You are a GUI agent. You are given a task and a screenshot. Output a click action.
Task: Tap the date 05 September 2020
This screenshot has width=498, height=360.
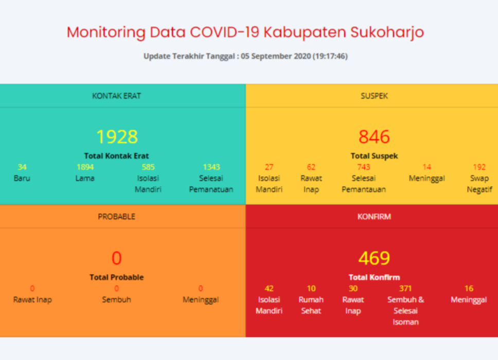click(x=276, y=56)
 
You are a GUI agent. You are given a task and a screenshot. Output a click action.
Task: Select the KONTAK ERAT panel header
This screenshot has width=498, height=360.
click(x=116, y=96)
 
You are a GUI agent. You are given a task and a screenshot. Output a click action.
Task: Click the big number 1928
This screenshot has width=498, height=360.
click(x=117, y=137)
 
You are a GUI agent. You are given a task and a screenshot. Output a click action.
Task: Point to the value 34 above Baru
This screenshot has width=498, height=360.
click(x=22, y=167)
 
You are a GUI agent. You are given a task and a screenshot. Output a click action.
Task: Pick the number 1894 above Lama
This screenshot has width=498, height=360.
click(x=85, y=167)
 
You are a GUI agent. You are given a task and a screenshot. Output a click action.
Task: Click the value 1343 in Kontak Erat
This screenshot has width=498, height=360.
click(x=211, y=167)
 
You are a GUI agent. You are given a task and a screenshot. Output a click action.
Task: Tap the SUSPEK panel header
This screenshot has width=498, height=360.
click(x=374, y=96)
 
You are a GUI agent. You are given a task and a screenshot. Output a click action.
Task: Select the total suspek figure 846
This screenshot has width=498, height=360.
click(x=374, y=137)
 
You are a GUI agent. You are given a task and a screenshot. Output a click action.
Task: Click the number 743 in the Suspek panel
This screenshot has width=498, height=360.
click(x=364, y=167)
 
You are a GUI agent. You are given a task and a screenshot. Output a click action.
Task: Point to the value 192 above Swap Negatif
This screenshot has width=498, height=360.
click(x=479, y=167)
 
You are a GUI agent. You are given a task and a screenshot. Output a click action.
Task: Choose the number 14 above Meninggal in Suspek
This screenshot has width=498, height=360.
click(x=427, y=167)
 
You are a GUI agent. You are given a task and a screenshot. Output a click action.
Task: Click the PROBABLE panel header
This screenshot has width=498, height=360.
click(x=116, y=217)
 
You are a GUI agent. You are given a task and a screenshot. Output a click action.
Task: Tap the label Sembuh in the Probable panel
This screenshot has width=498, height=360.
click(x=116, y=300)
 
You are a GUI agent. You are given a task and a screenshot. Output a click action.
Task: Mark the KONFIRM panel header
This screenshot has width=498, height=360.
click(x=374, y=217)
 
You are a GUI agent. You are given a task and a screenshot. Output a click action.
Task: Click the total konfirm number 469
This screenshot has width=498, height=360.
click(x=374, y=258)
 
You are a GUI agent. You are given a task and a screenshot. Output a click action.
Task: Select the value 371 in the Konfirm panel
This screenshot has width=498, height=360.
click(x=405, y=288)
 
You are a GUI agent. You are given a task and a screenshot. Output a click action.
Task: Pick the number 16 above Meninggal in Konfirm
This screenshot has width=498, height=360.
click(x=469, y=288)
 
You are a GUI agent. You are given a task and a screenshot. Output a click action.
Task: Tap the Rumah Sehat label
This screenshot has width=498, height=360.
click(x=311, y=305)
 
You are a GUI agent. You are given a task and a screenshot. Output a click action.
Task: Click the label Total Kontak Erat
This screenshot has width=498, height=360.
click(x=116, y=156)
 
